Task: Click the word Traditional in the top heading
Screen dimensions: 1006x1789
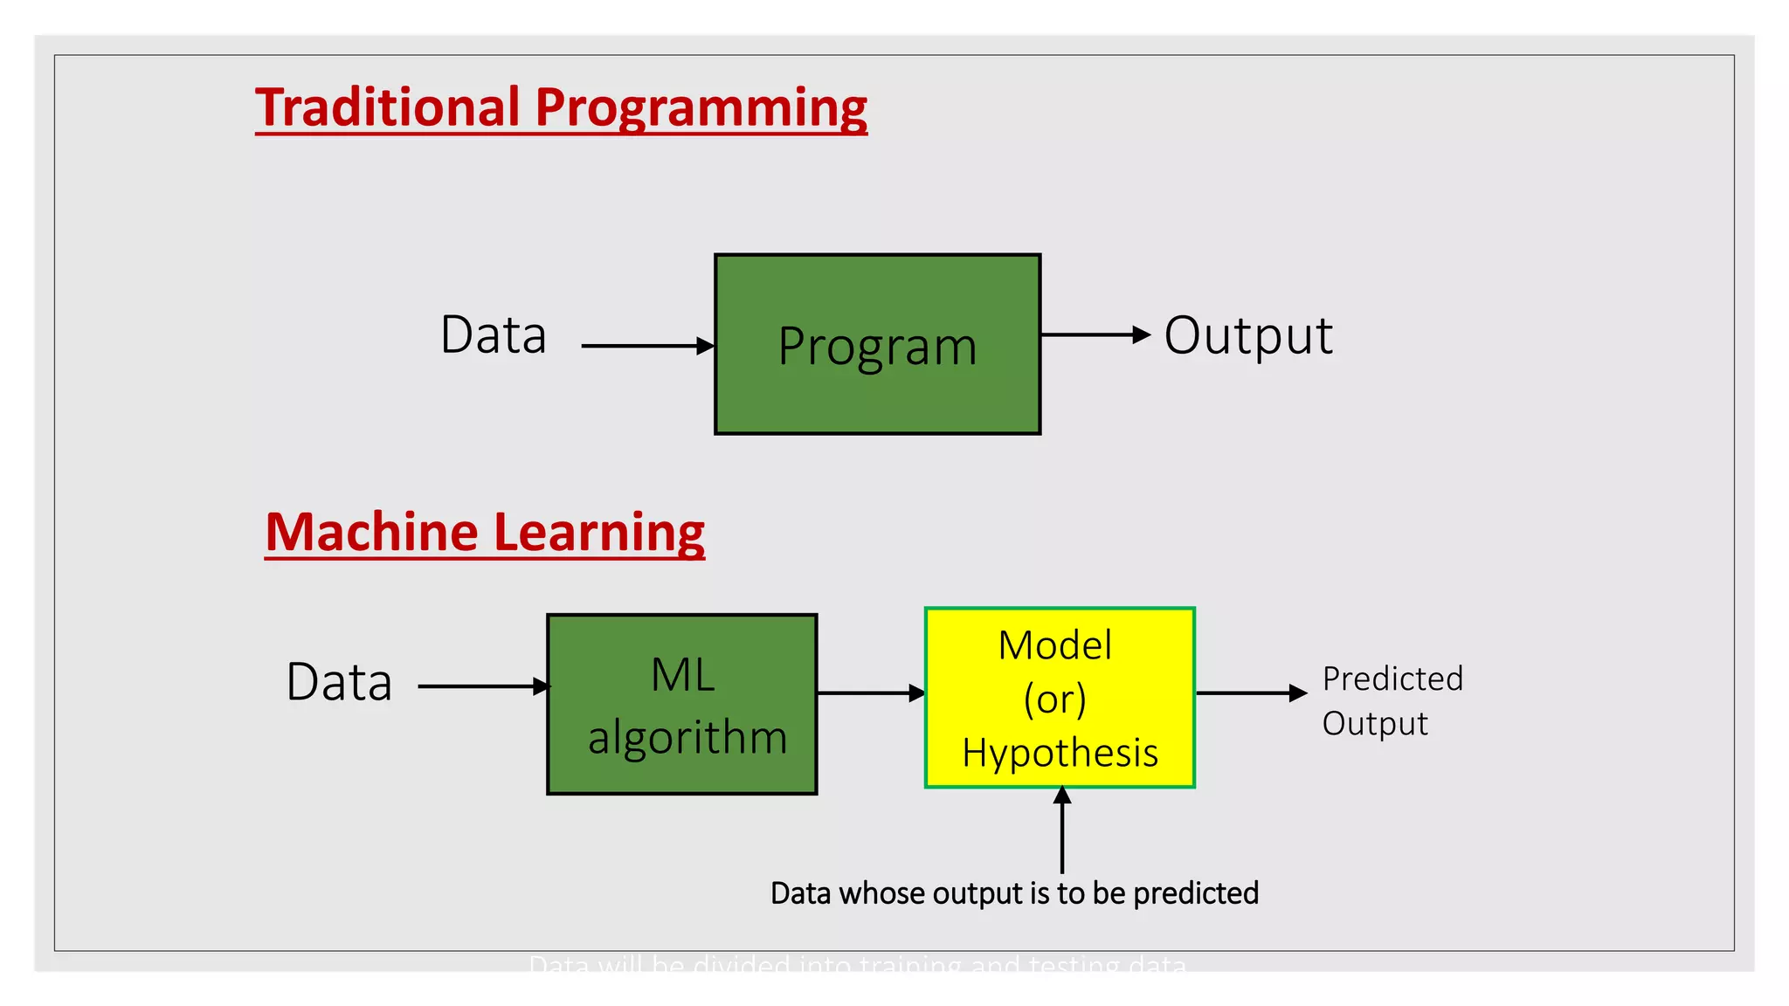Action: click(x=387, y=107)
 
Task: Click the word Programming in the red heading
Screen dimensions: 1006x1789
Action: click(x=701, y=109)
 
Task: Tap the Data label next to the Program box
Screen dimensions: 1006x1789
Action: click(x=494, y=335)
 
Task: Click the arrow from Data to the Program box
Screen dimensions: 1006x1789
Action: click(x=646, y=346)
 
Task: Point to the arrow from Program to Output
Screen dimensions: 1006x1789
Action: click(x=1094, y=334)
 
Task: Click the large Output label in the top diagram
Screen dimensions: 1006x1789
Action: click(x=1247, y=336)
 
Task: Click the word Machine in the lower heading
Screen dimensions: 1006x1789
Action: click(x=371, y=533)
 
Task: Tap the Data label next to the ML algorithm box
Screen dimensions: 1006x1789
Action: click(x=339, y=683)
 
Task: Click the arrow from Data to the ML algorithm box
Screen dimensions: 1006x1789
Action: click(x=482, y=686)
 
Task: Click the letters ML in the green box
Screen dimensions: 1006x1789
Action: click(x=682, y=675)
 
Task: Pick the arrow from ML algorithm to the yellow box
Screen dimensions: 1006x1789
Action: click(x=869, y=693)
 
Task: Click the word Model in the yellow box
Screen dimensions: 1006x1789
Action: click(x=1055, y=646)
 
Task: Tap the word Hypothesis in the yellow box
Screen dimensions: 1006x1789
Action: click(x=1060, y=753)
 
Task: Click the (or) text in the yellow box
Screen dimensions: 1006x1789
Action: click(x=1055, y=699)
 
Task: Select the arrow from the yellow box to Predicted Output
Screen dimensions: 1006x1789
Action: click(x=1249, y=693)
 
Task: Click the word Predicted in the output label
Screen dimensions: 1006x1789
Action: click(x=1392, y=679)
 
